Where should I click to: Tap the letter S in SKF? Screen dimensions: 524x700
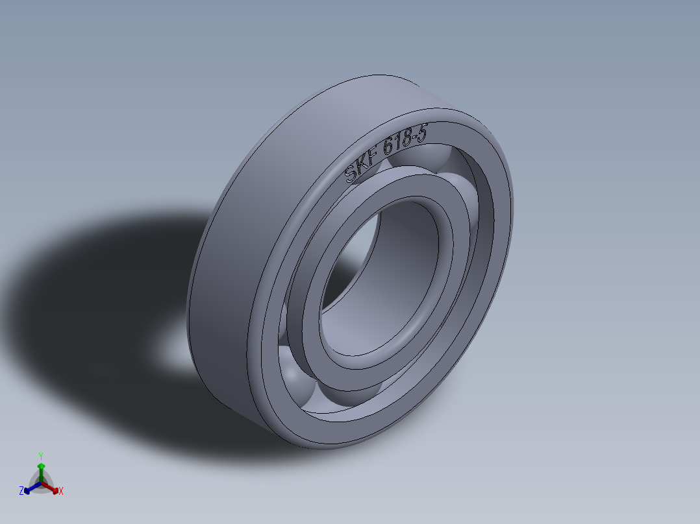tap(351, 174)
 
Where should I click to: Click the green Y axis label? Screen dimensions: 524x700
tap(40, 456)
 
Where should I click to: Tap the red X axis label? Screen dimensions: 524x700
tap(61, 492)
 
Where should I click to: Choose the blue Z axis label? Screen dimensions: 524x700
tap(21, 492)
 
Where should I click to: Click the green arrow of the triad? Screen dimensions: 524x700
tap(40, 468)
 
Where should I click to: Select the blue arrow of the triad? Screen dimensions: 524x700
tap(29, 488)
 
